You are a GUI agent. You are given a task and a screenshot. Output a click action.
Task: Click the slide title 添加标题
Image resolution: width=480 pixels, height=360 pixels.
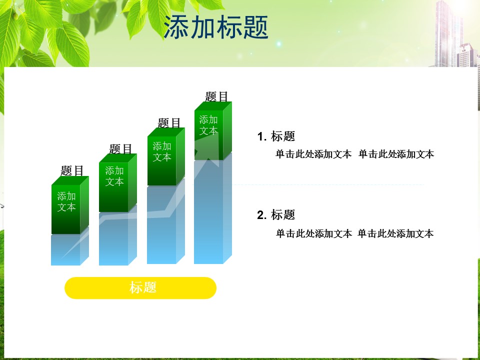[x=216, y=27]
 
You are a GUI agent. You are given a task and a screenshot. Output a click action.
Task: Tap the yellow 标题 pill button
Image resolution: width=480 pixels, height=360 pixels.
[x=140, y=288]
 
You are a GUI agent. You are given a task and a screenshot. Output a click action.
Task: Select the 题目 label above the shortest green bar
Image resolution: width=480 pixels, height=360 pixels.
[x=72, y=171]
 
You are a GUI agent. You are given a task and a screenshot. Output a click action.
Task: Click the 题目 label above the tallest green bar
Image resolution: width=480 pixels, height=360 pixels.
[x=216, y=96]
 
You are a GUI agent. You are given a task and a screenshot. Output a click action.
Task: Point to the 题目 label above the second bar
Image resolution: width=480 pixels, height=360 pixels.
[x=120, y=149]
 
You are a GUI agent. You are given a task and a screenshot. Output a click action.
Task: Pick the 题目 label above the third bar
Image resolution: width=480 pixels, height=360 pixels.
[x=169, y=123]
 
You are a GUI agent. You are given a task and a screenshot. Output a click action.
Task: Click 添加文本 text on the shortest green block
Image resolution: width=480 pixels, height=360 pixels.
[x=66, y=201]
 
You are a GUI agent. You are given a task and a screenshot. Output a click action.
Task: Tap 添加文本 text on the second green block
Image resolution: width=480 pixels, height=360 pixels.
[x=114, y=176]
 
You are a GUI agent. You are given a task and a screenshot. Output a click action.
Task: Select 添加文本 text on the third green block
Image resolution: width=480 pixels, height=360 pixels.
[x=162, y=151]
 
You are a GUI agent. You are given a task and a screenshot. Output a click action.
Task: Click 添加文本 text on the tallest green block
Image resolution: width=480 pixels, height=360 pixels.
[x=208, y=125]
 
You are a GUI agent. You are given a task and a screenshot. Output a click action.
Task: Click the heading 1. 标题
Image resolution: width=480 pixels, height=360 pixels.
[x=276, y=136]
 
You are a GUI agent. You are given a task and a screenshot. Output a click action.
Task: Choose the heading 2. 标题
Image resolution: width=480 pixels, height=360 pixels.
[x=276, y=215]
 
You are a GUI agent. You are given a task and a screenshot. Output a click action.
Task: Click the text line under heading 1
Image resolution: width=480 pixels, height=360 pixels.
[x=355, y=154]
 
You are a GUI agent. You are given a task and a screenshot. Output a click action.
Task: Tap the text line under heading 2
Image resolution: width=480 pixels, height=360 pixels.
[x=355, y=233]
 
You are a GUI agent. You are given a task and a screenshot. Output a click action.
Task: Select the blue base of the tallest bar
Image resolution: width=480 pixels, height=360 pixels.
[x=213, y=208]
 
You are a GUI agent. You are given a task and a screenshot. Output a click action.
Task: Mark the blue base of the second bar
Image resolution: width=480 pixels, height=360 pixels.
[x=118, y=235]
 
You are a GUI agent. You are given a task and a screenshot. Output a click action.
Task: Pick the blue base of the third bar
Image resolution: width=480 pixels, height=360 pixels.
[x=166, y=222]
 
